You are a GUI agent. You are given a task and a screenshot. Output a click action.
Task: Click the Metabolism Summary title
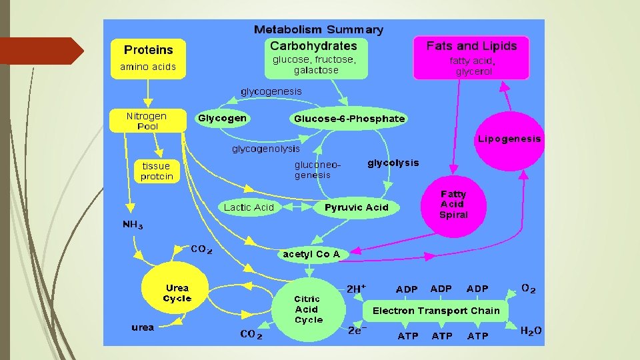click(319, 29)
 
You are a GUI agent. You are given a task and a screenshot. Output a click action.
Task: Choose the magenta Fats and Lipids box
click(471, 57)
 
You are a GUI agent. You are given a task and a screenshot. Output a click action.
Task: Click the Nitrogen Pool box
click(147, 121)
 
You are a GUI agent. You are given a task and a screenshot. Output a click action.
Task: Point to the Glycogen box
click(222, 119)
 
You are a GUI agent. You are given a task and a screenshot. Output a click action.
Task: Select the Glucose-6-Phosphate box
click(349, 119)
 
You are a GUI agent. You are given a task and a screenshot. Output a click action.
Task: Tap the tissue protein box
click(157, 171)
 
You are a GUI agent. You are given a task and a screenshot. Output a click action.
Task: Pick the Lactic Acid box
click(249, 207)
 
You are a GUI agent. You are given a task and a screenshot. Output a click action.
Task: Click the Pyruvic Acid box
click(356, 207)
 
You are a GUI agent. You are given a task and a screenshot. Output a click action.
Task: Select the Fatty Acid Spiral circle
click(453, 205)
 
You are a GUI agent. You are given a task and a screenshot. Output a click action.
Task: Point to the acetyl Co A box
click(311, 254)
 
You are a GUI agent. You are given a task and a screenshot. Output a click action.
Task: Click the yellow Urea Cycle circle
click(177, 293)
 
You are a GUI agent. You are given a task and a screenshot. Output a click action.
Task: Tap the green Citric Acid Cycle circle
click(308, 309)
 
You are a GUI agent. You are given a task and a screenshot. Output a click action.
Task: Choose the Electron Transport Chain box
click(436, 311)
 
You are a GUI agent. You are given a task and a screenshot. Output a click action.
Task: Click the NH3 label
click(133, 225)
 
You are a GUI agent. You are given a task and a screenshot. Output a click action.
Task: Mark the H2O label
click(531, 331)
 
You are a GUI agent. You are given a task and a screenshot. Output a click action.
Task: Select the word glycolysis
click(393, 163)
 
